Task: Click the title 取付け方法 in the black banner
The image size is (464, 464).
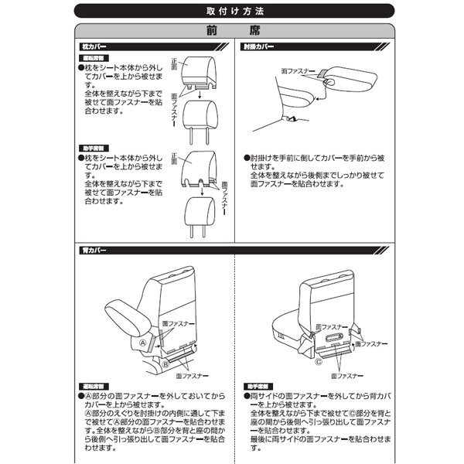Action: click(231, 12)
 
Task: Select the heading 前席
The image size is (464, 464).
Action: click(231, 33)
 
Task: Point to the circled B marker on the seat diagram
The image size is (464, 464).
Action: click(165, 362)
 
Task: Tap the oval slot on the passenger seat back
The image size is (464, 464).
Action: click(338, 338)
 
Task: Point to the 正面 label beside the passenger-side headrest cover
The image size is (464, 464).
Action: click(174, 159)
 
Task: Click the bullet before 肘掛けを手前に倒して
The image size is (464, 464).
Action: click(245, 156)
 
